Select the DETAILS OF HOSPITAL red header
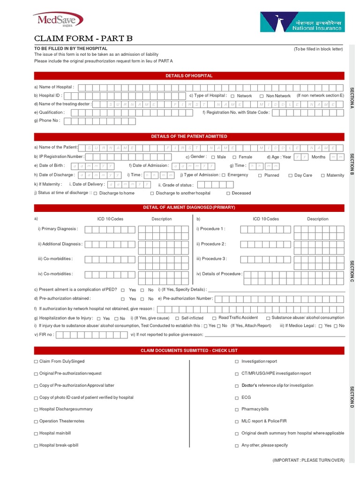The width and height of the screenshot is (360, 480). click(x=189, y=75)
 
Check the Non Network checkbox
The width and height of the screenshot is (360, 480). click(x=262, y=96)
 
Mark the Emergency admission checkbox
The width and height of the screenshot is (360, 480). click(x=224, y=175)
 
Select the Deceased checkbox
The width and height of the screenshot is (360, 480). click(x=228, y=193)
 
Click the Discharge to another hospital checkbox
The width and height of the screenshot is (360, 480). click(x=152, y=193)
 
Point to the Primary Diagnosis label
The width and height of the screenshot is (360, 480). click(x=58, y=229)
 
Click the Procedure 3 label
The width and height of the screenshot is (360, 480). click(x=211, y=259)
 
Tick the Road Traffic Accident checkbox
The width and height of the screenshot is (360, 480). click(x=214, y=318)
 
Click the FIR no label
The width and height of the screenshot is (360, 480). click(x=44, y=335)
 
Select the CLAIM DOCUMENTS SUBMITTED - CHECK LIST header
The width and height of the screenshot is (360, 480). click(x=189, y=351)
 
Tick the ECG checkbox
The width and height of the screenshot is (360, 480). click(x=237, y=397)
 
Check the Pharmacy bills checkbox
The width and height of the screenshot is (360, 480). click(x=237, y=410)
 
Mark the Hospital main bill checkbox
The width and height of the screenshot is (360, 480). click(x=36, y=434)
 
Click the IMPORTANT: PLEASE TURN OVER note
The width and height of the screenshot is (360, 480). click(x=308, y=460)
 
